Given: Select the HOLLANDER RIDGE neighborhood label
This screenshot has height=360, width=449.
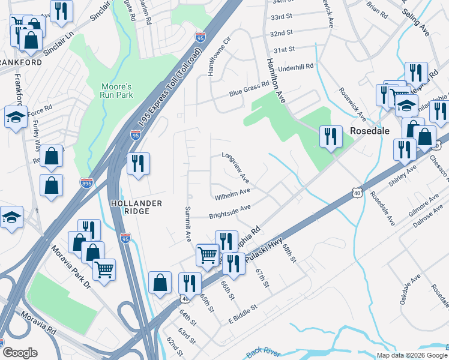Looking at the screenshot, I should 137,208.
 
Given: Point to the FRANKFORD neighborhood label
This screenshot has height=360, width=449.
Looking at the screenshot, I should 21,62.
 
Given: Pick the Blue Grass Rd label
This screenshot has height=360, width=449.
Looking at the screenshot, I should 249,89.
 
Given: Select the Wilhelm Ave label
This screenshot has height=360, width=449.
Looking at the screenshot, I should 232,194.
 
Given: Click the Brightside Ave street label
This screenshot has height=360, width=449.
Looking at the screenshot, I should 229,211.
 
